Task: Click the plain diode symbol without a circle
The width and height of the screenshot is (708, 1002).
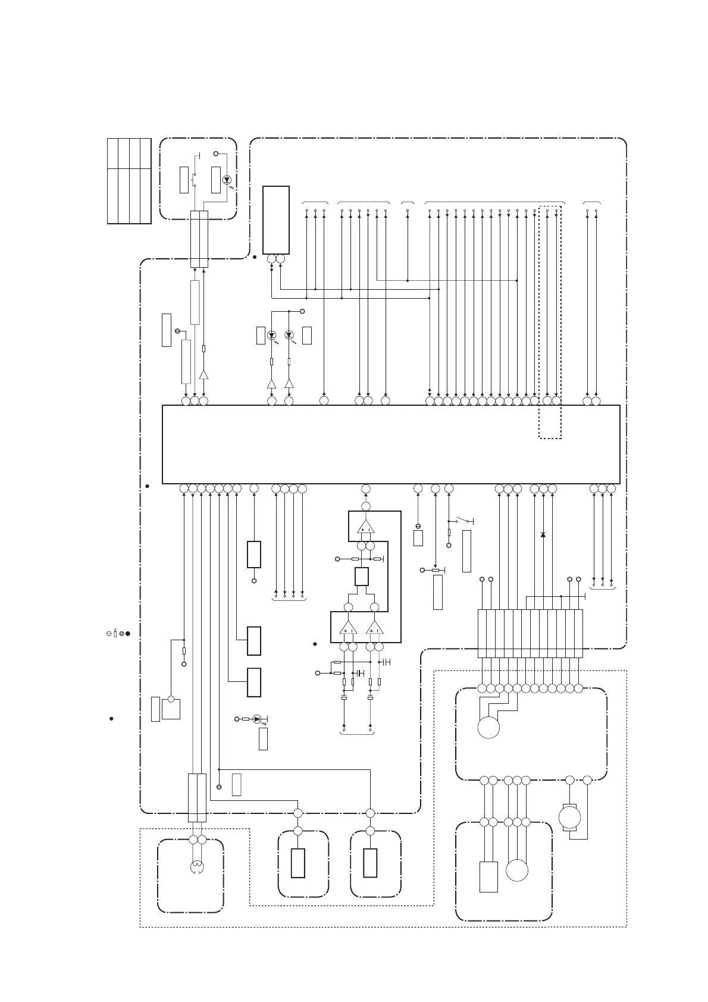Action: (543, 535)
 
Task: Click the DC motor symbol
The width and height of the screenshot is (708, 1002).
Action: (569, 817)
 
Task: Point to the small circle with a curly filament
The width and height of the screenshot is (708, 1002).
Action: (197, 868)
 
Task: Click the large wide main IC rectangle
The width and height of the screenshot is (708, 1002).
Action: (391, 444)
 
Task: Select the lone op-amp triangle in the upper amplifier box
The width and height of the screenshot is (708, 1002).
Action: (365, 527)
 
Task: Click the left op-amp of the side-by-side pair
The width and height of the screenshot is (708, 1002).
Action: (348, 627)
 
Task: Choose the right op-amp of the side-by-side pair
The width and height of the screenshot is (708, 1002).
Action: (374, 627)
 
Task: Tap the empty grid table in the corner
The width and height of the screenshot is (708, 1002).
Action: (129, 181)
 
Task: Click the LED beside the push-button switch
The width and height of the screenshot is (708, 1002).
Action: (226, 180)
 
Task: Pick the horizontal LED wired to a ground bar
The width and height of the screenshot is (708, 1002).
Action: (257, 719)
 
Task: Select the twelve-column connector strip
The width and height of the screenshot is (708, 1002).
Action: (530, 633)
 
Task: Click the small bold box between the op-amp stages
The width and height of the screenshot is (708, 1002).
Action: (361, 577)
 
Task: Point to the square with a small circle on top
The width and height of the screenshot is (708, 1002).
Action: (171, 708)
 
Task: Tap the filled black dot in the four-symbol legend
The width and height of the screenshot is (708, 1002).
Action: (127, 634)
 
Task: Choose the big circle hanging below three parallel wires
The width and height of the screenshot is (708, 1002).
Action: (517, 871)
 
